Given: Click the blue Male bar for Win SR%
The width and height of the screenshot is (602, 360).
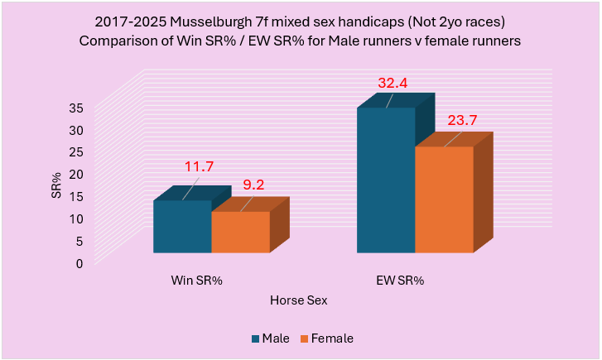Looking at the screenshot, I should tap(182, 227).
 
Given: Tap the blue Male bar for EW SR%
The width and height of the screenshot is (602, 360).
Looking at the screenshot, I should tap(385, 180).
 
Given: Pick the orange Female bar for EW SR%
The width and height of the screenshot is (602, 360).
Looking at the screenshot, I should tap(443, 199).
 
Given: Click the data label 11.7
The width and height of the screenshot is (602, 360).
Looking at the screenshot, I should tap(199, 166).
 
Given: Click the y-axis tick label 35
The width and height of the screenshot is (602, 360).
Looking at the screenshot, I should tap(75, 108).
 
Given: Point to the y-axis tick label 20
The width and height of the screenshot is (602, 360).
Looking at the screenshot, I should tap(75, 175).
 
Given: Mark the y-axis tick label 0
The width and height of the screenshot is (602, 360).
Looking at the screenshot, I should tap(79, 264).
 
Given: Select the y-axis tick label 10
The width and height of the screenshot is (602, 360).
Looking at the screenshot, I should tap(75, 219).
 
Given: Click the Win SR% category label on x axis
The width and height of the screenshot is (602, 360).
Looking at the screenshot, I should tap(196, 281).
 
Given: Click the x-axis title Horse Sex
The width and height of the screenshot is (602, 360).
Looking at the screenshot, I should tap(298, 301).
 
